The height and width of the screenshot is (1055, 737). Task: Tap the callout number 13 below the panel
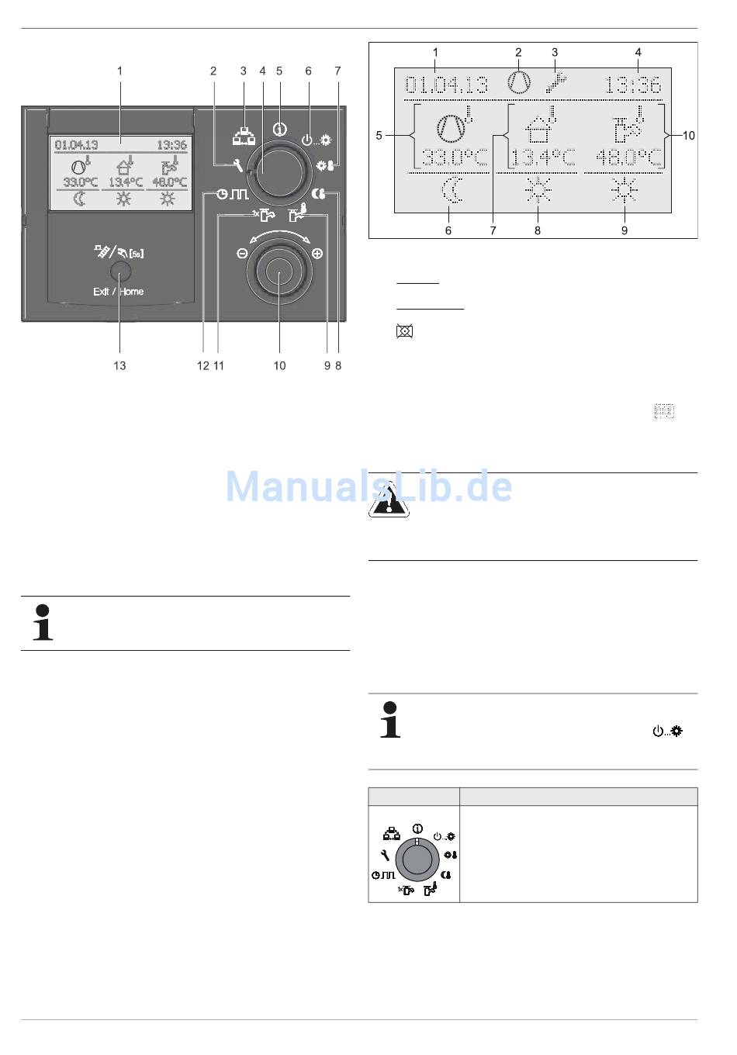119,365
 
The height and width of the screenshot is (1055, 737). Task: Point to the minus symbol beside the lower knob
242,254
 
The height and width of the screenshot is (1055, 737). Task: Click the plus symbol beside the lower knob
317,254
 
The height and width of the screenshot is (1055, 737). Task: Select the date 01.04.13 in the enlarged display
448,84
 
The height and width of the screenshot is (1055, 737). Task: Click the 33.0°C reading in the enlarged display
455,158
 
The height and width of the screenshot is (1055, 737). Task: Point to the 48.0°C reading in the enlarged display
630,158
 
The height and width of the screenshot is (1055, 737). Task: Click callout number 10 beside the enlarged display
688,136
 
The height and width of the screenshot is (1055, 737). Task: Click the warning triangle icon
389,500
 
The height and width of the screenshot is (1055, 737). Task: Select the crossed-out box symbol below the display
404,331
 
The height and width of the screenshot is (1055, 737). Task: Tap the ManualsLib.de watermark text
368,487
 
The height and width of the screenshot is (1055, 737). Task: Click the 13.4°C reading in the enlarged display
543,158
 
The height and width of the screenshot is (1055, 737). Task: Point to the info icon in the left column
43,622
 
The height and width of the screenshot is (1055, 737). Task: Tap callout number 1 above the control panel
119,71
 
